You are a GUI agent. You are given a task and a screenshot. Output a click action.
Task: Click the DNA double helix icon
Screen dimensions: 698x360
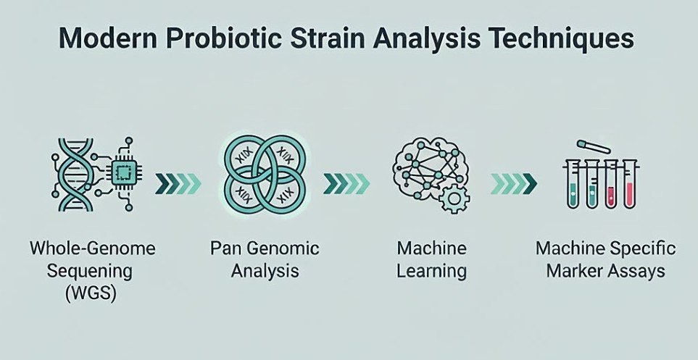[x=75, y=174]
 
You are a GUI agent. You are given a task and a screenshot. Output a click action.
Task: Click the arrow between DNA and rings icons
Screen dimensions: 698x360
[x=178, y=184]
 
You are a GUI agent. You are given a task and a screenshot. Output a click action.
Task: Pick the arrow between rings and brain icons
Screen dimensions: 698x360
[x=346, y=184]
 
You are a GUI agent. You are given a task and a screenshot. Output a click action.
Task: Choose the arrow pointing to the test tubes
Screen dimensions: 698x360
[x=514, y=184]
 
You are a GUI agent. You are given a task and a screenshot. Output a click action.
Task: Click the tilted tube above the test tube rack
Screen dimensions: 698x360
[x=594, y=146]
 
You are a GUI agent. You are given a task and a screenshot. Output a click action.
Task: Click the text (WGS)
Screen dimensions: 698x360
[x=90, y=294]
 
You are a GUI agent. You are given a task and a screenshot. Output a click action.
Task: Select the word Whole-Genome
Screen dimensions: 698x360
[x=93, y=248]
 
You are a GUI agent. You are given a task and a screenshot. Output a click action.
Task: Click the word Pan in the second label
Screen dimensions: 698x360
[x=224, y=248]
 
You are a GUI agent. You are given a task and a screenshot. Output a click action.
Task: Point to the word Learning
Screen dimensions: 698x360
[x=431, y=271]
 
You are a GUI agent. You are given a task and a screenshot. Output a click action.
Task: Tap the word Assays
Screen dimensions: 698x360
[x=637, y=271]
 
